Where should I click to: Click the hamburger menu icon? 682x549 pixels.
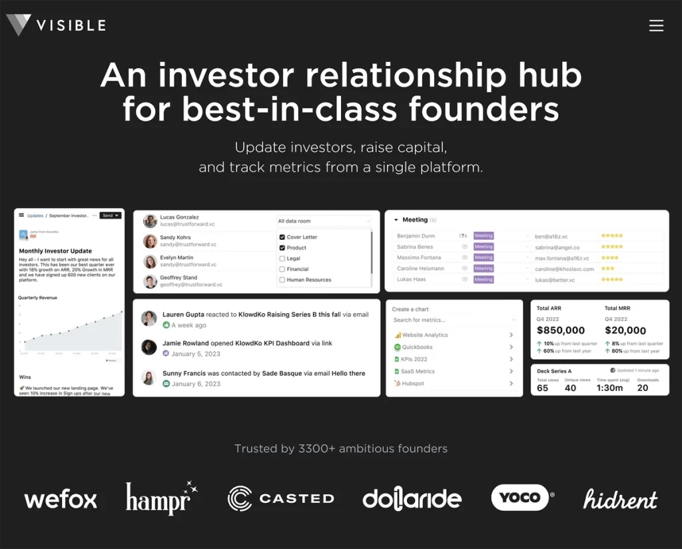656,25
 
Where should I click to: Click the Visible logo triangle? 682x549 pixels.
19,25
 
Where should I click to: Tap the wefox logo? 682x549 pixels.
61,499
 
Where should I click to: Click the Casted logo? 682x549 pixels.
280,498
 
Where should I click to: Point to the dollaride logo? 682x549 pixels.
412,498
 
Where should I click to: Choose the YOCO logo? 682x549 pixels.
521,498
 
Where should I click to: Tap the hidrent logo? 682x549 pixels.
620,499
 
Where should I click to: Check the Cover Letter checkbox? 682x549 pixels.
282,237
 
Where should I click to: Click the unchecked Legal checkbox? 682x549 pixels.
282,259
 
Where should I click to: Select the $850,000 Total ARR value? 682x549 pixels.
561,330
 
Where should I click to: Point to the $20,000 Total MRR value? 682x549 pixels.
625,330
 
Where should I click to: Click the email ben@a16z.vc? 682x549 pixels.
549,236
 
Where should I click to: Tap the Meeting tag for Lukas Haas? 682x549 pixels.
483,280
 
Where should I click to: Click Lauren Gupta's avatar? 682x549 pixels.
149,318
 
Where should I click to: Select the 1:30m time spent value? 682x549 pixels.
609,388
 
